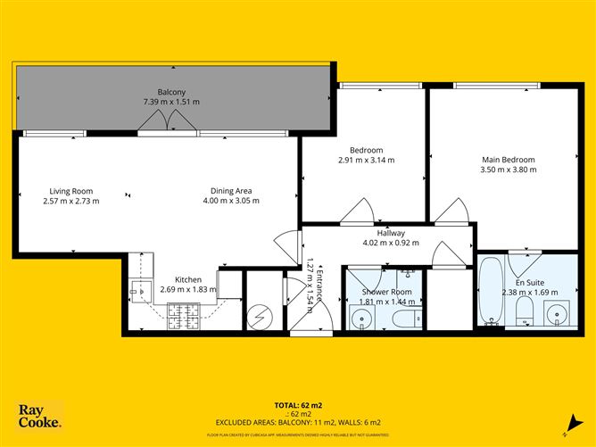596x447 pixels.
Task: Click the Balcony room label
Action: coord(171,92)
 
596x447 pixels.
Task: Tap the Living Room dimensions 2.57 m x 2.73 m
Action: coord(72,201)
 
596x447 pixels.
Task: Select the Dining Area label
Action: coord(230,190)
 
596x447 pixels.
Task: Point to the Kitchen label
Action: coord(188,279)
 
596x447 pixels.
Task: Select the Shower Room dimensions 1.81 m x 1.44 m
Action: coord(386,302)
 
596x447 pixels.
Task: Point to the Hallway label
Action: coord(390,233)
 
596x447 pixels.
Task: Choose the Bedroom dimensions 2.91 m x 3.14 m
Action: coord(367,161)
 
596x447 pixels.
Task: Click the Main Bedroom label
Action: coord(505,160)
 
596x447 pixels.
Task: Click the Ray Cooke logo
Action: coord(39,417)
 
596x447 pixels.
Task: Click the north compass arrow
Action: coord(568,423)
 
